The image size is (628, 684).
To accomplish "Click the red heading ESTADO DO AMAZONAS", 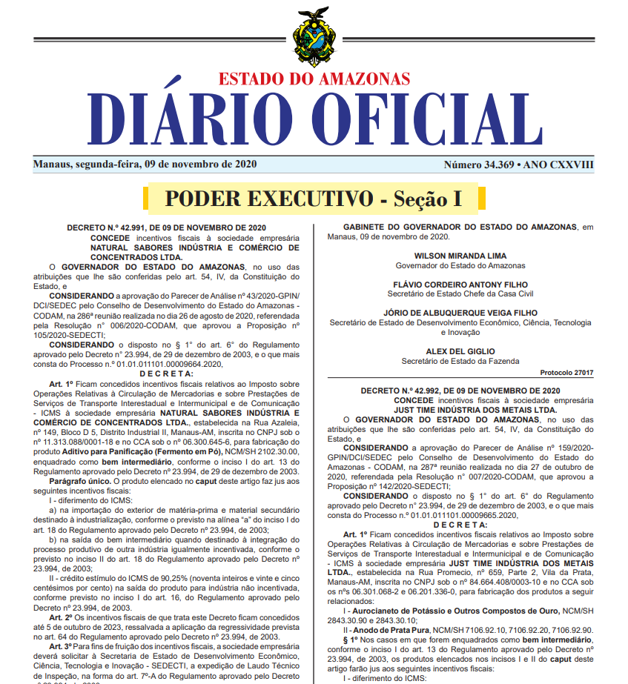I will [x=314, y=79].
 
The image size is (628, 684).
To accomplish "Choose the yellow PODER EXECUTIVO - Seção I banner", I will [x=314, y=199].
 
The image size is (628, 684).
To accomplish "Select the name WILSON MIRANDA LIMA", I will [x=460, y=256].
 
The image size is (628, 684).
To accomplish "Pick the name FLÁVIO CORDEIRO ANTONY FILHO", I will [x=460, y=285].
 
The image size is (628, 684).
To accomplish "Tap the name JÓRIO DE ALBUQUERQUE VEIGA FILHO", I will [x=460, y=313].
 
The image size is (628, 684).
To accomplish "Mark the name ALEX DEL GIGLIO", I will [x=460, y=351].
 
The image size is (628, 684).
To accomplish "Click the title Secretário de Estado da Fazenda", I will [x=460, y=361].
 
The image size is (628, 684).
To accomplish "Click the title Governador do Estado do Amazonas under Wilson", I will [x=460, y=265].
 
